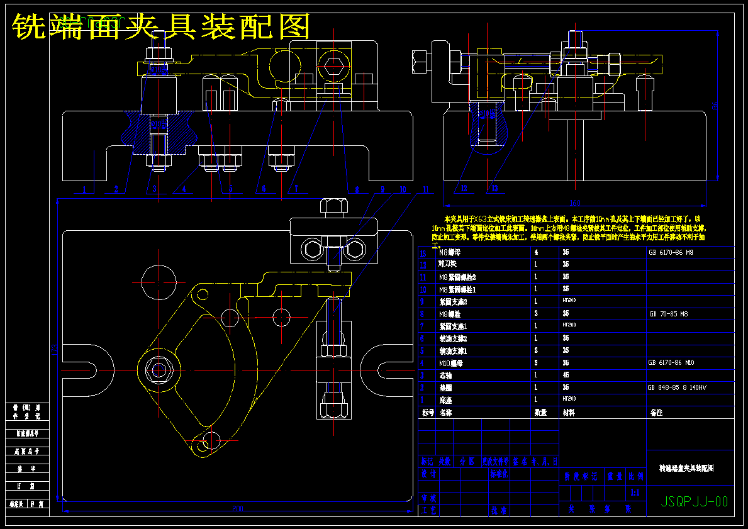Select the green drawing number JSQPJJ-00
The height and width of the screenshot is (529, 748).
click(695, 501)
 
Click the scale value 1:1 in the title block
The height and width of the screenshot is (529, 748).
click(635, 493)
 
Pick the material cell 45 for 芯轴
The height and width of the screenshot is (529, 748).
click(566, 375)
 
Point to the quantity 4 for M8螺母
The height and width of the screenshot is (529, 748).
click(536, 252)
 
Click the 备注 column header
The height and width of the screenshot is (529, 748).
click(657, 413)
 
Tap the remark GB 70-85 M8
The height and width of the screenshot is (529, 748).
click(669, 313)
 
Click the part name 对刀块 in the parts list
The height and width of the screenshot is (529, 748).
click(449, 265)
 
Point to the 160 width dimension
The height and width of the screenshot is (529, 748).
click(574, 203)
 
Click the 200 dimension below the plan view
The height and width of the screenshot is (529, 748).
click(238, 508)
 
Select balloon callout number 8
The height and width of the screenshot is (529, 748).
click(357, 189)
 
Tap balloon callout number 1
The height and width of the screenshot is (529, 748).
click(84, 189)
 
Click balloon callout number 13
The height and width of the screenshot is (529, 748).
click(494, 188)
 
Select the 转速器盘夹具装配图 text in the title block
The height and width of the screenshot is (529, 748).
click(686, 469)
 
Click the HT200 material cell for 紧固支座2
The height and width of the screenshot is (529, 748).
click(569, 301)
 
